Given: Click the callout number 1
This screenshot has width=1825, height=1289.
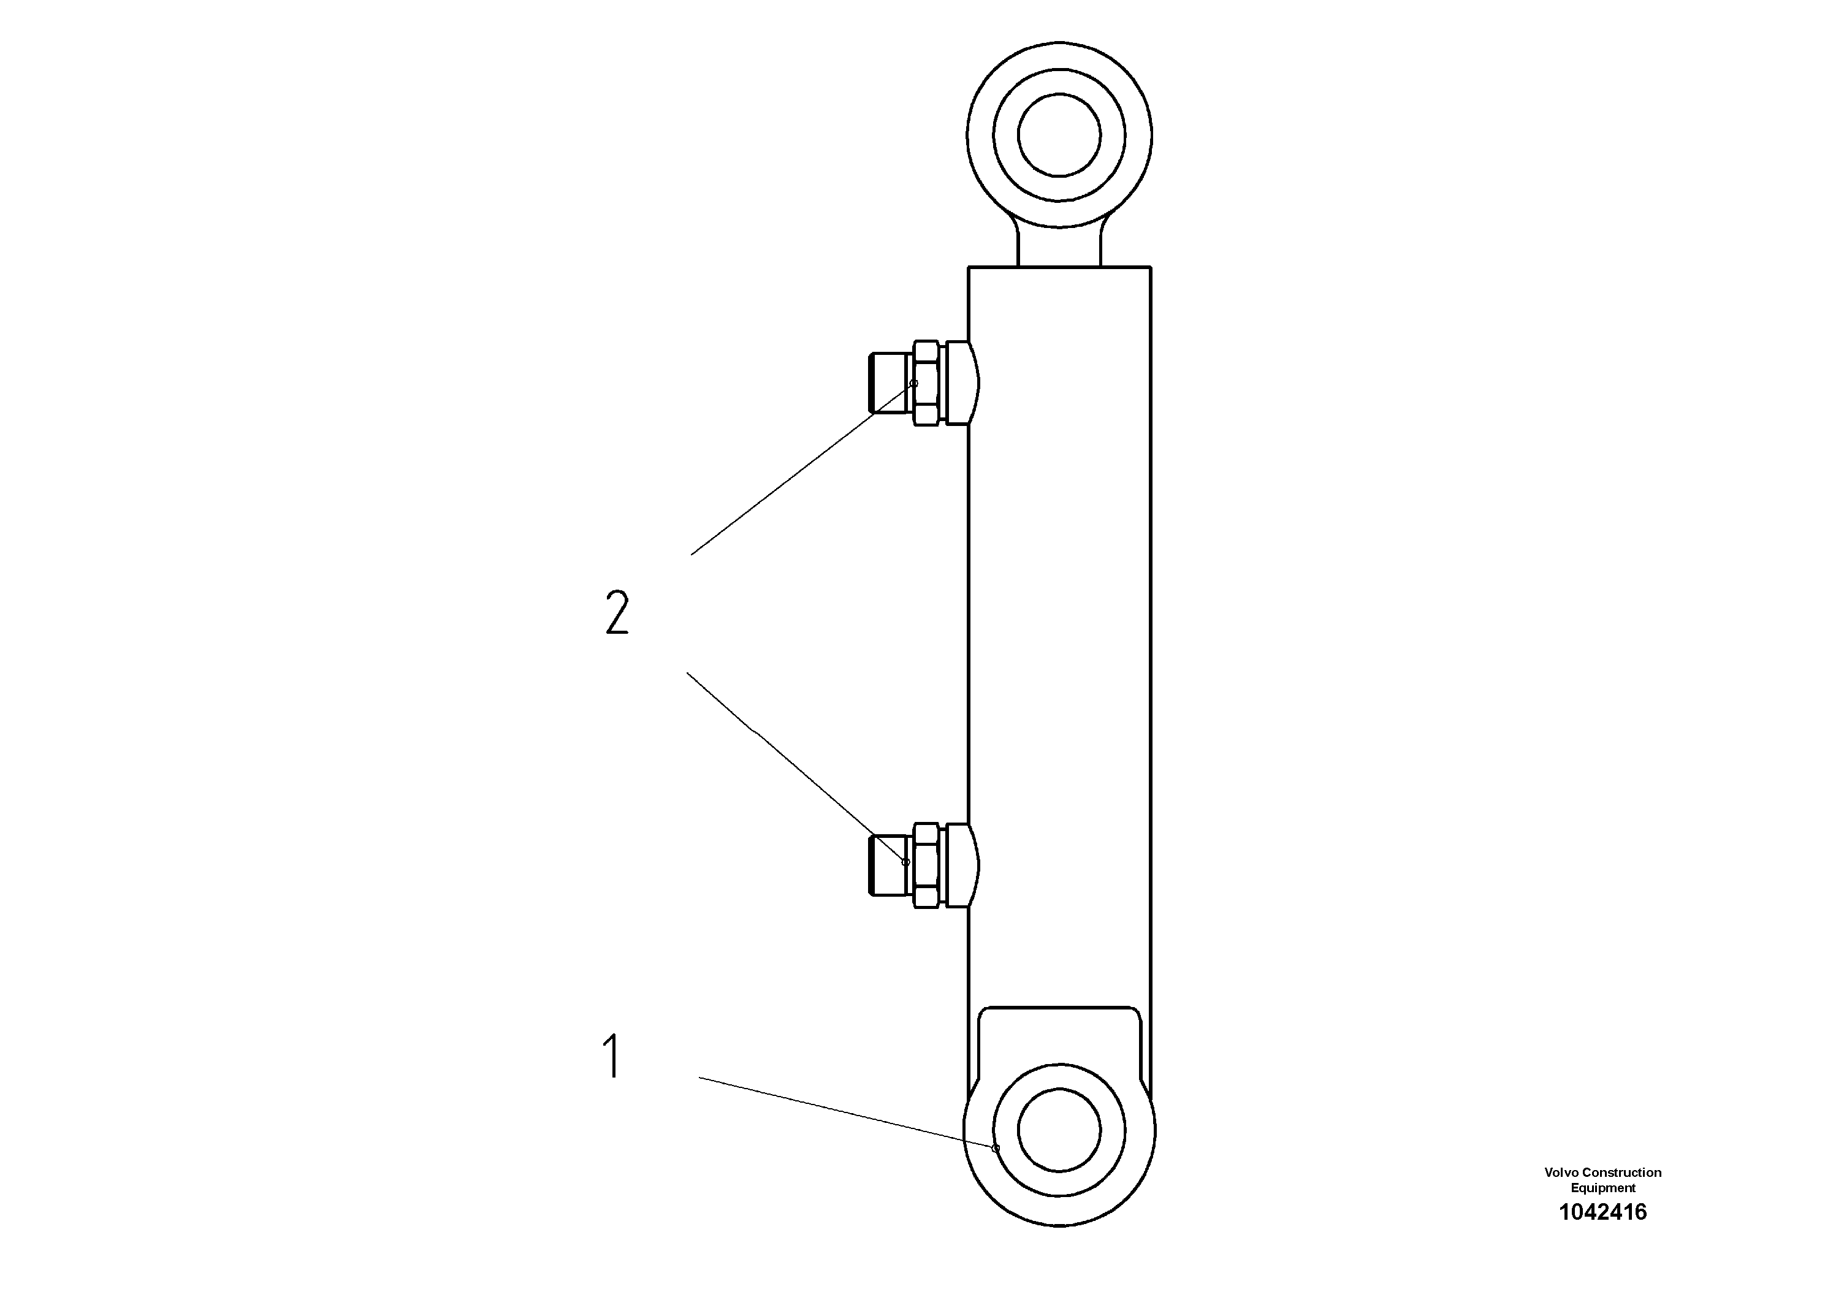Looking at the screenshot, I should (x=611, y=1056).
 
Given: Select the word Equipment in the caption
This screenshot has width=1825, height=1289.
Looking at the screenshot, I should (x=1602, y=1188).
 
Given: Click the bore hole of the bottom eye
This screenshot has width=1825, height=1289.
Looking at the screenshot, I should (x=1059, y=1130).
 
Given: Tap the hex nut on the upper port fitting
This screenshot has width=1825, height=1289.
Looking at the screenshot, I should (x=926, y=383).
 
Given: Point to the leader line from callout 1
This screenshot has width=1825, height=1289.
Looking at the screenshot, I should (x=847, y=1112).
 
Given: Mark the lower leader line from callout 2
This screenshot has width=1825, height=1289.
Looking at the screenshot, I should (x=795, y=767).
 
